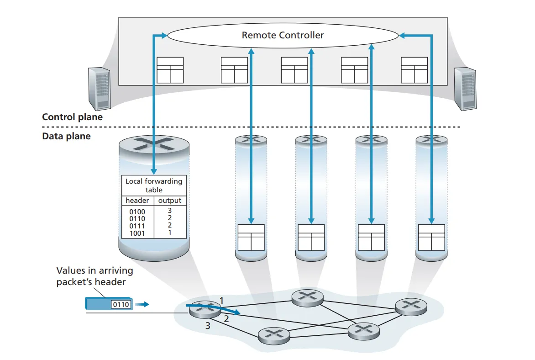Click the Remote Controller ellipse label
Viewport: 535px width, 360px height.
283,35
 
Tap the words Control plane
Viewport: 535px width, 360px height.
72,117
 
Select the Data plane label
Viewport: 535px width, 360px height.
66,136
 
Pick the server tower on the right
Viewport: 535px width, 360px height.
465,89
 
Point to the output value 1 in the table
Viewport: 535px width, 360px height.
170,233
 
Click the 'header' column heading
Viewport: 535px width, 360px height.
137,201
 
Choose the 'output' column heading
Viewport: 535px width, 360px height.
170,201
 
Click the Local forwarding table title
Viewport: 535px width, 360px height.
154,185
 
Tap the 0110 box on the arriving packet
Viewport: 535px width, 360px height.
121,304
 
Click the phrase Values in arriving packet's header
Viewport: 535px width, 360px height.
94,276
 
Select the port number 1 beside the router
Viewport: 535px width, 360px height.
221,300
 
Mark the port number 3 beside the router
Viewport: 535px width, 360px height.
208,326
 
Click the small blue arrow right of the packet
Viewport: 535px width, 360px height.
143,304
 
